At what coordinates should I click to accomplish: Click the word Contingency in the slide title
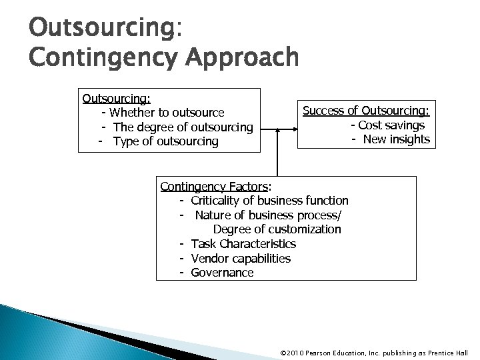pos(93,57)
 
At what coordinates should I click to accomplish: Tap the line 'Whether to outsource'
pos(167,113)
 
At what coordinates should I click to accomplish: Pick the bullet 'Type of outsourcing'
pos(166,141)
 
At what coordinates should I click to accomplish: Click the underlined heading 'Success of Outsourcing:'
pos(366,111)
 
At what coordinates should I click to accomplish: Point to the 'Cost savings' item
pos(391,125)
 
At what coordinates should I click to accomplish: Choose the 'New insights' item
pos(396,139)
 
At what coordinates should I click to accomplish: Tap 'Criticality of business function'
pos(269,200)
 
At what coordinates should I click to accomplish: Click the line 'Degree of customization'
pos(277,229)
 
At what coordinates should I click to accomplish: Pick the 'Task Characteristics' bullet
pos(243,244)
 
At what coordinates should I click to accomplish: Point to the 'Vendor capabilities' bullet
pos(241,258)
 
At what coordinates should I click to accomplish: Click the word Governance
pos(222,273)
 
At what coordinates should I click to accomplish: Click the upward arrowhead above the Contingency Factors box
pos(277,129)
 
